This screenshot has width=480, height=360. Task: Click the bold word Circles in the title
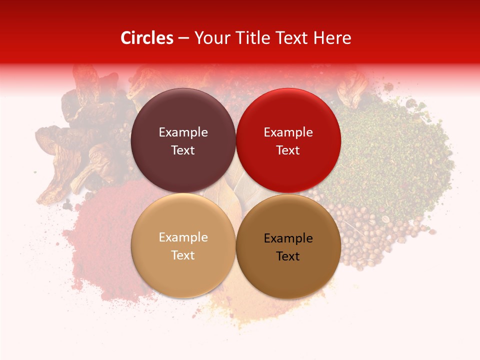pos(146,38)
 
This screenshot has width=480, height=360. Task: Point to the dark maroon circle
pos(183,115)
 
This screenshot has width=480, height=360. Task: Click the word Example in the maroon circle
pos(183,132)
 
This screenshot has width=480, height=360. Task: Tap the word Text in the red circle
pos(288,150)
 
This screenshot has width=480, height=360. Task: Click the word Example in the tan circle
pos(183,237)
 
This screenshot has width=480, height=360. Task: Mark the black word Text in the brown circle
pos(288,256)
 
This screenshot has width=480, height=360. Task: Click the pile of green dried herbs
pos(390,150)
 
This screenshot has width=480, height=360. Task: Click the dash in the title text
pos(183,38)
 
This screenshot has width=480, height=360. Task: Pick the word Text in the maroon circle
pos(183,150)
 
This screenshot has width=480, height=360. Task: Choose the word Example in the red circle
pos(288,132)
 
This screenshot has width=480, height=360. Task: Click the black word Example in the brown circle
pos(288,238)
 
